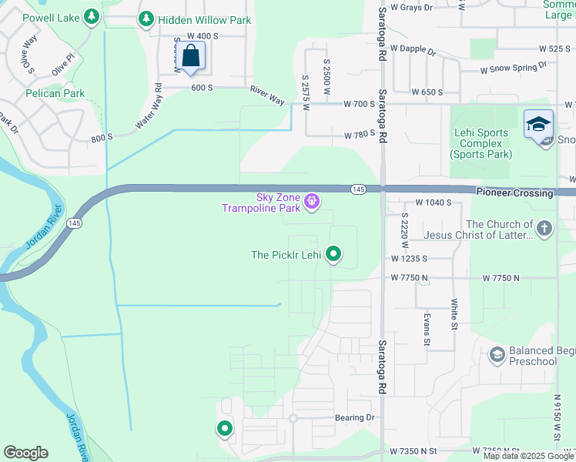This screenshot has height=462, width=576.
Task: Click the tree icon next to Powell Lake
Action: [92, 16]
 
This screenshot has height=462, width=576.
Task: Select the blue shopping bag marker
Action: [191, 56]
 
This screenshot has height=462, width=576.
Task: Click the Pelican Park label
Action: [54, 94]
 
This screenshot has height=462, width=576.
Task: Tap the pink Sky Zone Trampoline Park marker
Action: [312, 203]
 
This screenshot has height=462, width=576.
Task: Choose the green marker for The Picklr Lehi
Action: [333, 253]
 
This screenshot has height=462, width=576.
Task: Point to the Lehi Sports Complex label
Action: [481, 143]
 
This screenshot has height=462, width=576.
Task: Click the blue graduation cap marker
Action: [538, 124]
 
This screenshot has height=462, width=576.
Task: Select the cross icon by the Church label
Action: [544, 228]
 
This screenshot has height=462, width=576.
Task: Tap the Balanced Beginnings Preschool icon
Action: [497, 354]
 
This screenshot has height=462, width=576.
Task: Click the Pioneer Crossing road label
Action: [514, 193]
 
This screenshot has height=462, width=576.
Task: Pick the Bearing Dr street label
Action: [354, 418]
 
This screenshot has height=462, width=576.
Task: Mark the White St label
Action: [454, 314]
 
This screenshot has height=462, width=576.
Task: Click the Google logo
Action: [25, 453]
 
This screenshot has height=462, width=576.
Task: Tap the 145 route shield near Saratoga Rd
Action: [358, 189]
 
